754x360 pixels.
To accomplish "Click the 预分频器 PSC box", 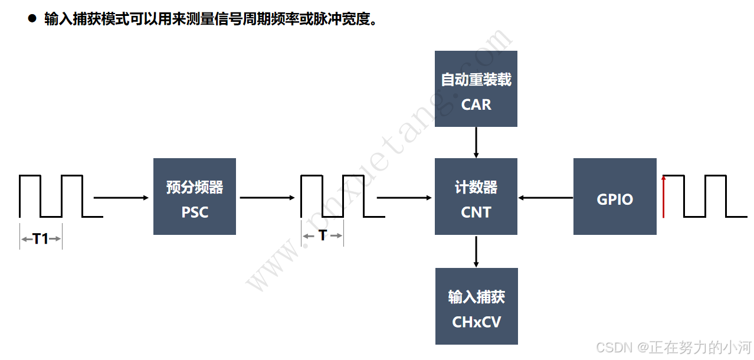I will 195,197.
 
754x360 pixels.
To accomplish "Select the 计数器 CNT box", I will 476,197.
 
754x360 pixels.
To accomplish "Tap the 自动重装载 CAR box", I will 476,89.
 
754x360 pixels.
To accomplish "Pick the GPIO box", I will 615,197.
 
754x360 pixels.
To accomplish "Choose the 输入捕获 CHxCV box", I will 477,306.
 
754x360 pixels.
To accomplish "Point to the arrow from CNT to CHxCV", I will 476,251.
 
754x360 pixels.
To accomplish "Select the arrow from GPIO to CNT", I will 546,198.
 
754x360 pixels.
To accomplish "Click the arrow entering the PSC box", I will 122,198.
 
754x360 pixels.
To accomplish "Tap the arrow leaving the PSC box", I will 267,198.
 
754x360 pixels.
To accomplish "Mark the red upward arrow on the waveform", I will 664,196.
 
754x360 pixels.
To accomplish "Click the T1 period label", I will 41,239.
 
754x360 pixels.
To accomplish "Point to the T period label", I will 323,235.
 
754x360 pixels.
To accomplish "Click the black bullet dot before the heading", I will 32,18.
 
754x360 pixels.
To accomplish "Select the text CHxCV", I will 477,322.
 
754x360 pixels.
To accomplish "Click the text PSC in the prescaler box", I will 195,212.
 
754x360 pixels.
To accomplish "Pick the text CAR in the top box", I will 476,104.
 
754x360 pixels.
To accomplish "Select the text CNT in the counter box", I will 476,212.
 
